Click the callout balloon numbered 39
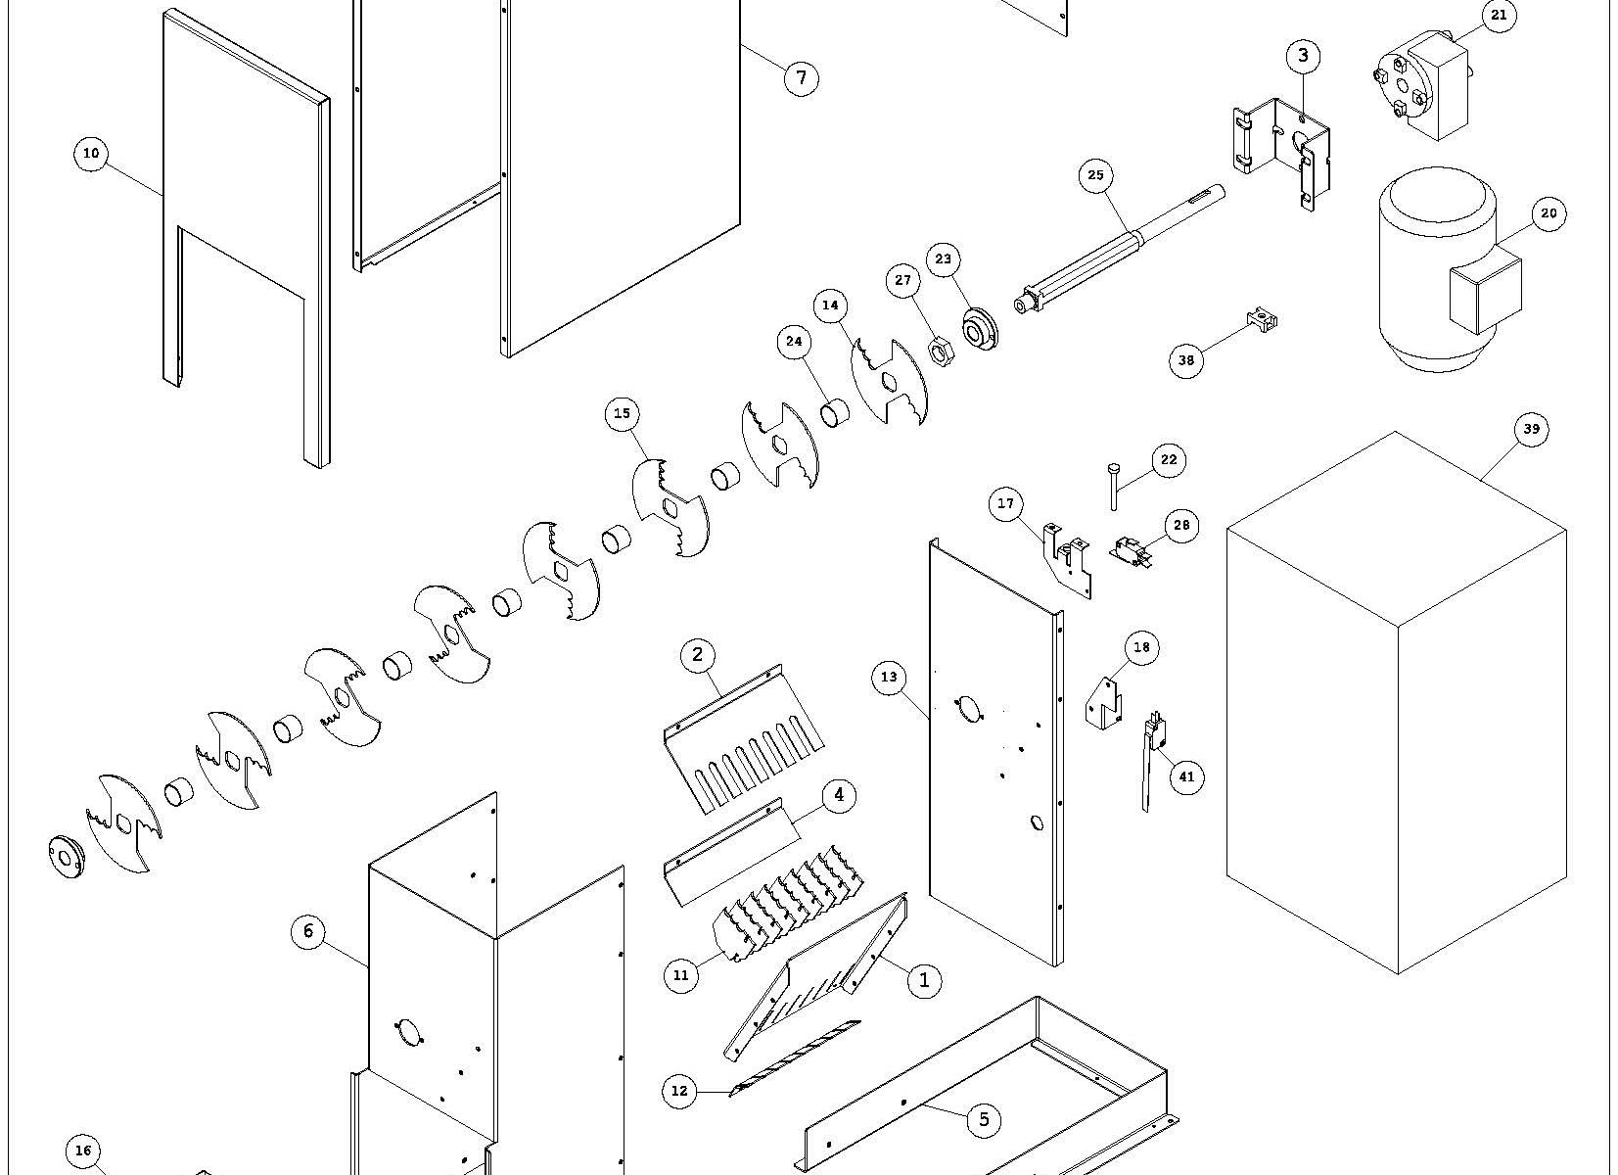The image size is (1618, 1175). [x=1532, y=429]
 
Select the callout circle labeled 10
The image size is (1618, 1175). [x=91, y=154]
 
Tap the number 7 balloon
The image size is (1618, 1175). [x=801, y=77]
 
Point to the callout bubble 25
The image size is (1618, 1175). [x=1095, y=176]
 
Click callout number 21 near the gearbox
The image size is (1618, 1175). [x=1499, y=16]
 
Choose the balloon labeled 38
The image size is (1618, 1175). [x=1186, y=360]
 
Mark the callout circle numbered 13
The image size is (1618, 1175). [x=889, y=677]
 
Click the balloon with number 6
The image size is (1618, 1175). [x=308, y=931]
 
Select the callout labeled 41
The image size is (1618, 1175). [x=1186, y=777]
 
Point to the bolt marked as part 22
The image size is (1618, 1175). [x=1115, y=486]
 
